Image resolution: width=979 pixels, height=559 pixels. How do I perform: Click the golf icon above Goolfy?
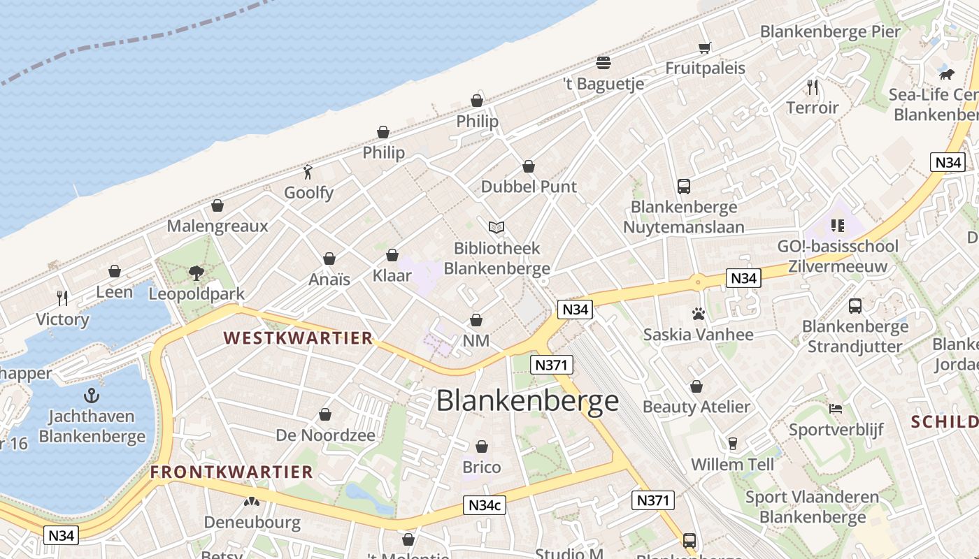308,171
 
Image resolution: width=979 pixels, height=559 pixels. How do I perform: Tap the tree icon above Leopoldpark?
196,273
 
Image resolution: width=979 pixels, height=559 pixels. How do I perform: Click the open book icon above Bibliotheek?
496,227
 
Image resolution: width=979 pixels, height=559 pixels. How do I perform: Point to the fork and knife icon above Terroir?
812,87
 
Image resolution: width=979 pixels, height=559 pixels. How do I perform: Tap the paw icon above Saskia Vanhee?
698,314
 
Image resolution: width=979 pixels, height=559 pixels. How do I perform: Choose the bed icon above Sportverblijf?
836,409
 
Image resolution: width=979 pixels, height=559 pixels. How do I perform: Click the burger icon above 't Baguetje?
603,63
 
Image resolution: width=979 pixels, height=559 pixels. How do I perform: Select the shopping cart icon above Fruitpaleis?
704,48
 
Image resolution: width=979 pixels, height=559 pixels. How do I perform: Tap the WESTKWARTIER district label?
298,338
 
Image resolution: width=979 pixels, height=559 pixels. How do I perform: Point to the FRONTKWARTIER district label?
231,472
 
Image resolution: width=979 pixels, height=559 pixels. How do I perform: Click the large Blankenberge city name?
528,401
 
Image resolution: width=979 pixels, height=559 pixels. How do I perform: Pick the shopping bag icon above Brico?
482,447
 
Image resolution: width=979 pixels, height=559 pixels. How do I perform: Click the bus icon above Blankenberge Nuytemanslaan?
684,187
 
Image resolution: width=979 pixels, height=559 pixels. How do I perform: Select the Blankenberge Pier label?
830,31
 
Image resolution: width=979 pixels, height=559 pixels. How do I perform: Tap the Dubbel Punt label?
529,187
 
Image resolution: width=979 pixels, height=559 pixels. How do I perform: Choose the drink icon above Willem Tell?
732,444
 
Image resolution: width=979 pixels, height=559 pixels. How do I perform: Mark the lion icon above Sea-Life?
947,74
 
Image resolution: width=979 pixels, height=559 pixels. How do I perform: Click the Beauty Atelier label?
696,407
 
